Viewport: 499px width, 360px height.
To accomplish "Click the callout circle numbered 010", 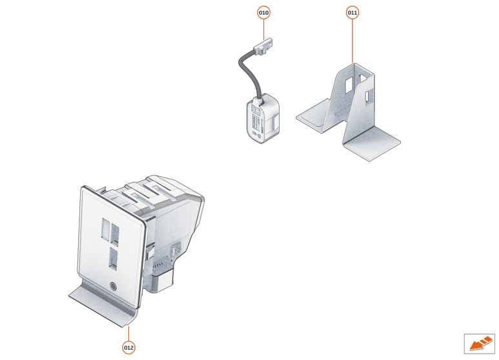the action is (x=263, y=13).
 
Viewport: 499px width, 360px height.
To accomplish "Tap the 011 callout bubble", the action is (x=352, y=13).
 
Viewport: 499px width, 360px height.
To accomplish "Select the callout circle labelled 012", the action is (x=128, y=348).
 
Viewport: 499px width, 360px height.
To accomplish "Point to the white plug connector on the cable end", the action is (x=263, y=46).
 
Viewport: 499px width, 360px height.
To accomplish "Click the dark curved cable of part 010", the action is (x=249, y=72).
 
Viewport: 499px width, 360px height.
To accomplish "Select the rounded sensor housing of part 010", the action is (x=263, y=119).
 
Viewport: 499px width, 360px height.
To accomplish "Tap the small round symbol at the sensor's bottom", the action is (x=259, y=135).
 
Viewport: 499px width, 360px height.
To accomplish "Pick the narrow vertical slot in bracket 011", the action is (x=367, y=97).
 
